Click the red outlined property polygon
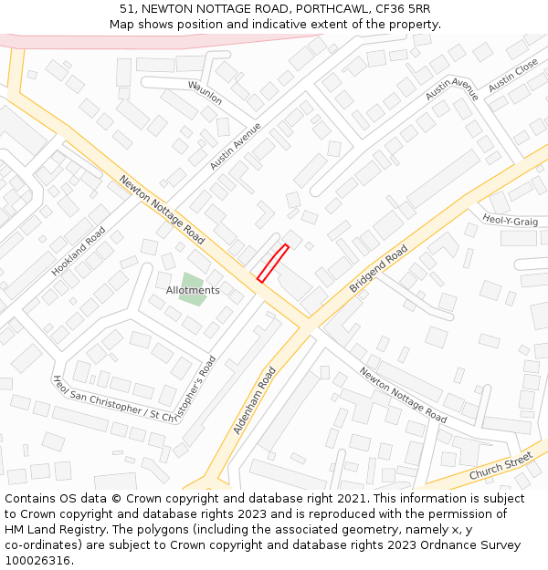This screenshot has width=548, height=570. (272, 263)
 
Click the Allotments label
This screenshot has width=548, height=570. (193, 291)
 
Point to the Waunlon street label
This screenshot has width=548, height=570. (205, 92)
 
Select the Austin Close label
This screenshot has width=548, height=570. (513, 76)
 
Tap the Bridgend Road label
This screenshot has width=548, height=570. (378, 269)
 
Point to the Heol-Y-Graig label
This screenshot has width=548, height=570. (510, 221)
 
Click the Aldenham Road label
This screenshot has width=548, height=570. (255, 399)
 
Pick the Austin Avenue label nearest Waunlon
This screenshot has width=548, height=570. (236, 146)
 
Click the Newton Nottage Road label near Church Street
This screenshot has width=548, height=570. (403, 395)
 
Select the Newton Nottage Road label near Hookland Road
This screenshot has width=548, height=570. (162, 209)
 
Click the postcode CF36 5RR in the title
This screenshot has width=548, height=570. (403, 9)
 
